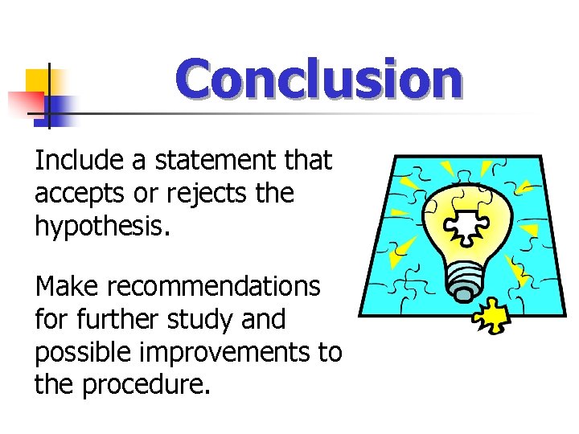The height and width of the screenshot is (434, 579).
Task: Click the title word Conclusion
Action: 320,80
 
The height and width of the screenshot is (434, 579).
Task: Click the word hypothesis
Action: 101,227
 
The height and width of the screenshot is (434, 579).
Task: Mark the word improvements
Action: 237,352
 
